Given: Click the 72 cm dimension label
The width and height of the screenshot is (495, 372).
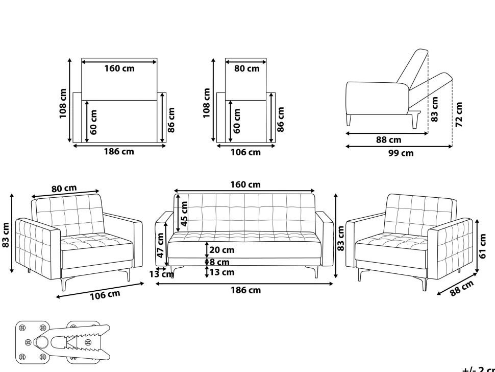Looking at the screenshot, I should point(459,114).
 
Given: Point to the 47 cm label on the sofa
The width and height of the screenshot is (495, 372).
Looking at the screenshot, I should point(160,245).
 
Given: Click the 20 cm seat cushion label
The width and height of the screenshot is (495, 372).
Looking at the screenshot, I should point(221,250).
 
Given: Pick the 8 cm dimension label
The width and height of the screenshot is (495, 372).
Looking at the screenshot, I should point(220,262).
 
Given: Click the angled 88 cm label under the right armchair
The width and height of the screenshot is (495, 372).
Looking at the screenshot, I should point(462,288).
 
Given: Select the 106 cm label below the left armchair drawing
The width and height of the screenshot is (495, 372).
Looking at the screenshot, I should point(105,295).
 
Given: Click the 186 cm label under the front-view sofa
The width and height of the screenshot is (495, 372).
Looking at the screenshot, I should point(245,290).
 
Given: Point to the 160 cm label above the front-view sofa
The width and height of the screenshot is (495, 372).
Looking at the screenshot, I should point(245,184).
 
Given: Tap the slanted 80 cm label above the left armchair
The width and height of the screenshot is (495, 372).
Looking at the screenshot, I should point(64,189).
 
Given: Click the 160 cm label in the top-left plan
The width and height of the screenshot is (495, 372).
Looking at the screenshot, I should point(119,68).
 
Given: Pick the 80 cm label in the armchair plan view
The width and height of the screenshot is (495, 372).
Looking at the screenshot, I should point(246,68).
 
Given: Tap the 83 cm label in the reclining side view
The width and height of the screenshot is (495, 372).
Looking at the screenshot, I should point(435,109).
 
